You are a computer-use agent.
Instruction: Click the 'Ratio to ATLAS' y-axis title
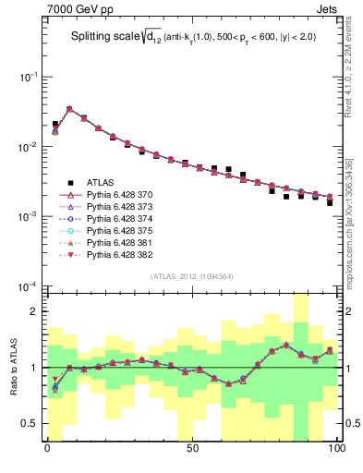(x=12, y=367)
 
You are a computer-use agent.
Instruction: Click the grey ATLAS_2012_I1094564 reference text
(x=192, y=276)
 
